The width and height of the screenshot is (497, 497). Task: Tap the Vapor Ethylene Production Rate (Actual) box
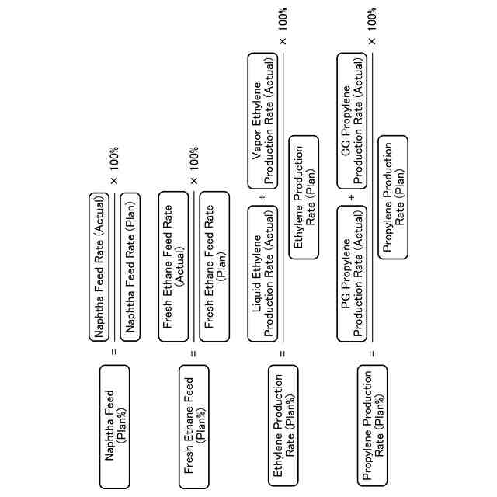pyautogui.click(x=263, y=120)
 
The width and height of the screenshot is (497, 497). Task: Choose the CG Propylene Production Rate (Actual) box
pyautogui.click(x=353, y=120)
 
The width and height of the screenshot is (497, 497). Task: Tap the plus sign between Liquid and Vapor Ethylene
pyautogui.click(x=262, y=197)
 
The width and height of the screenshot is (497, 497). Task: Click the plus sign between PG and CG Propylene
pyautogui.click(x=352, y=197)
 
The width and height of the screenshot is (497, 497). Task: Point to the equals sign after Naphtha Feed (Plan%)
pyautogui.click(x=114, y=353)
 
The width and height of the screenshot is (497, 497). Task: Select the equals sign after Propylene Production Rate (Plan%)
pyautogui.click(x=372, y=353)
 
